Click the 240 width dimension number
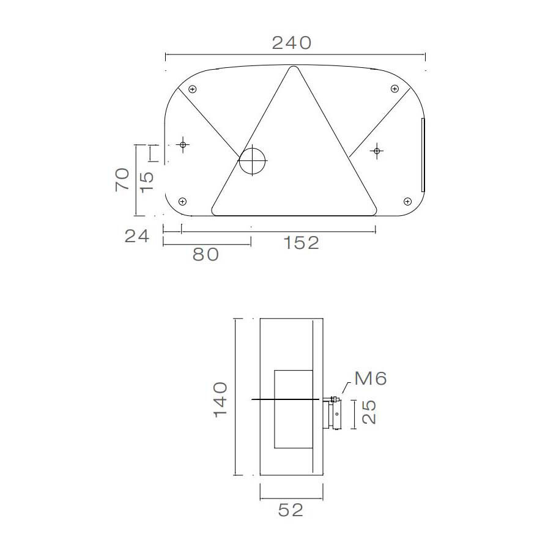(292, 43)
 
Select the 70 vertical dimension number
(122, 179)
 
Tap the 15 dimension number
(146, 181)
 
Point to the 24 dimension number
(137, 236)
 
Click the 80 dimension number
(205, 254)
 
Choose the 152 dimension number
(302, 243)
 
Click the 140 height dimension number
(220, 399)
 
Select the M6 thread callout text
(371, 379)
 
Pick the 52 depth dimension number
(291, 510)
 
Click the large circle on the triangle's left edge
(253, 161)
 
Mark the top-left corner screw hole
(193, 89)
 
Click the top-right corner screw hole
(394, 89)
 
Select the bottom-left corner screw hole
(182, 201)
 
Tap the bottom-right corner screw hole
(407, 201)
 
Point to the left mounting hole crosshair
(182, 145)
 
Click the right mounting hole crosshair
(377, 150)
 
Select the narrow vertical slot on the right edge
(422, 155)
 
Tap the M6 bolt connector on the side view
(335, 413)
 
